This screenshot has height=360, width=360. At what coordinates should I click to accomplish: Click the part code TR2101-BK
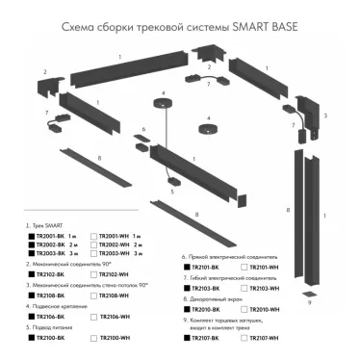coord(206,270)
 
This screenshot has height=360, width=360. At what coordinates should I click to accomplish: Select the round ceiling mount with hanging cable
coord(165,106)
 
